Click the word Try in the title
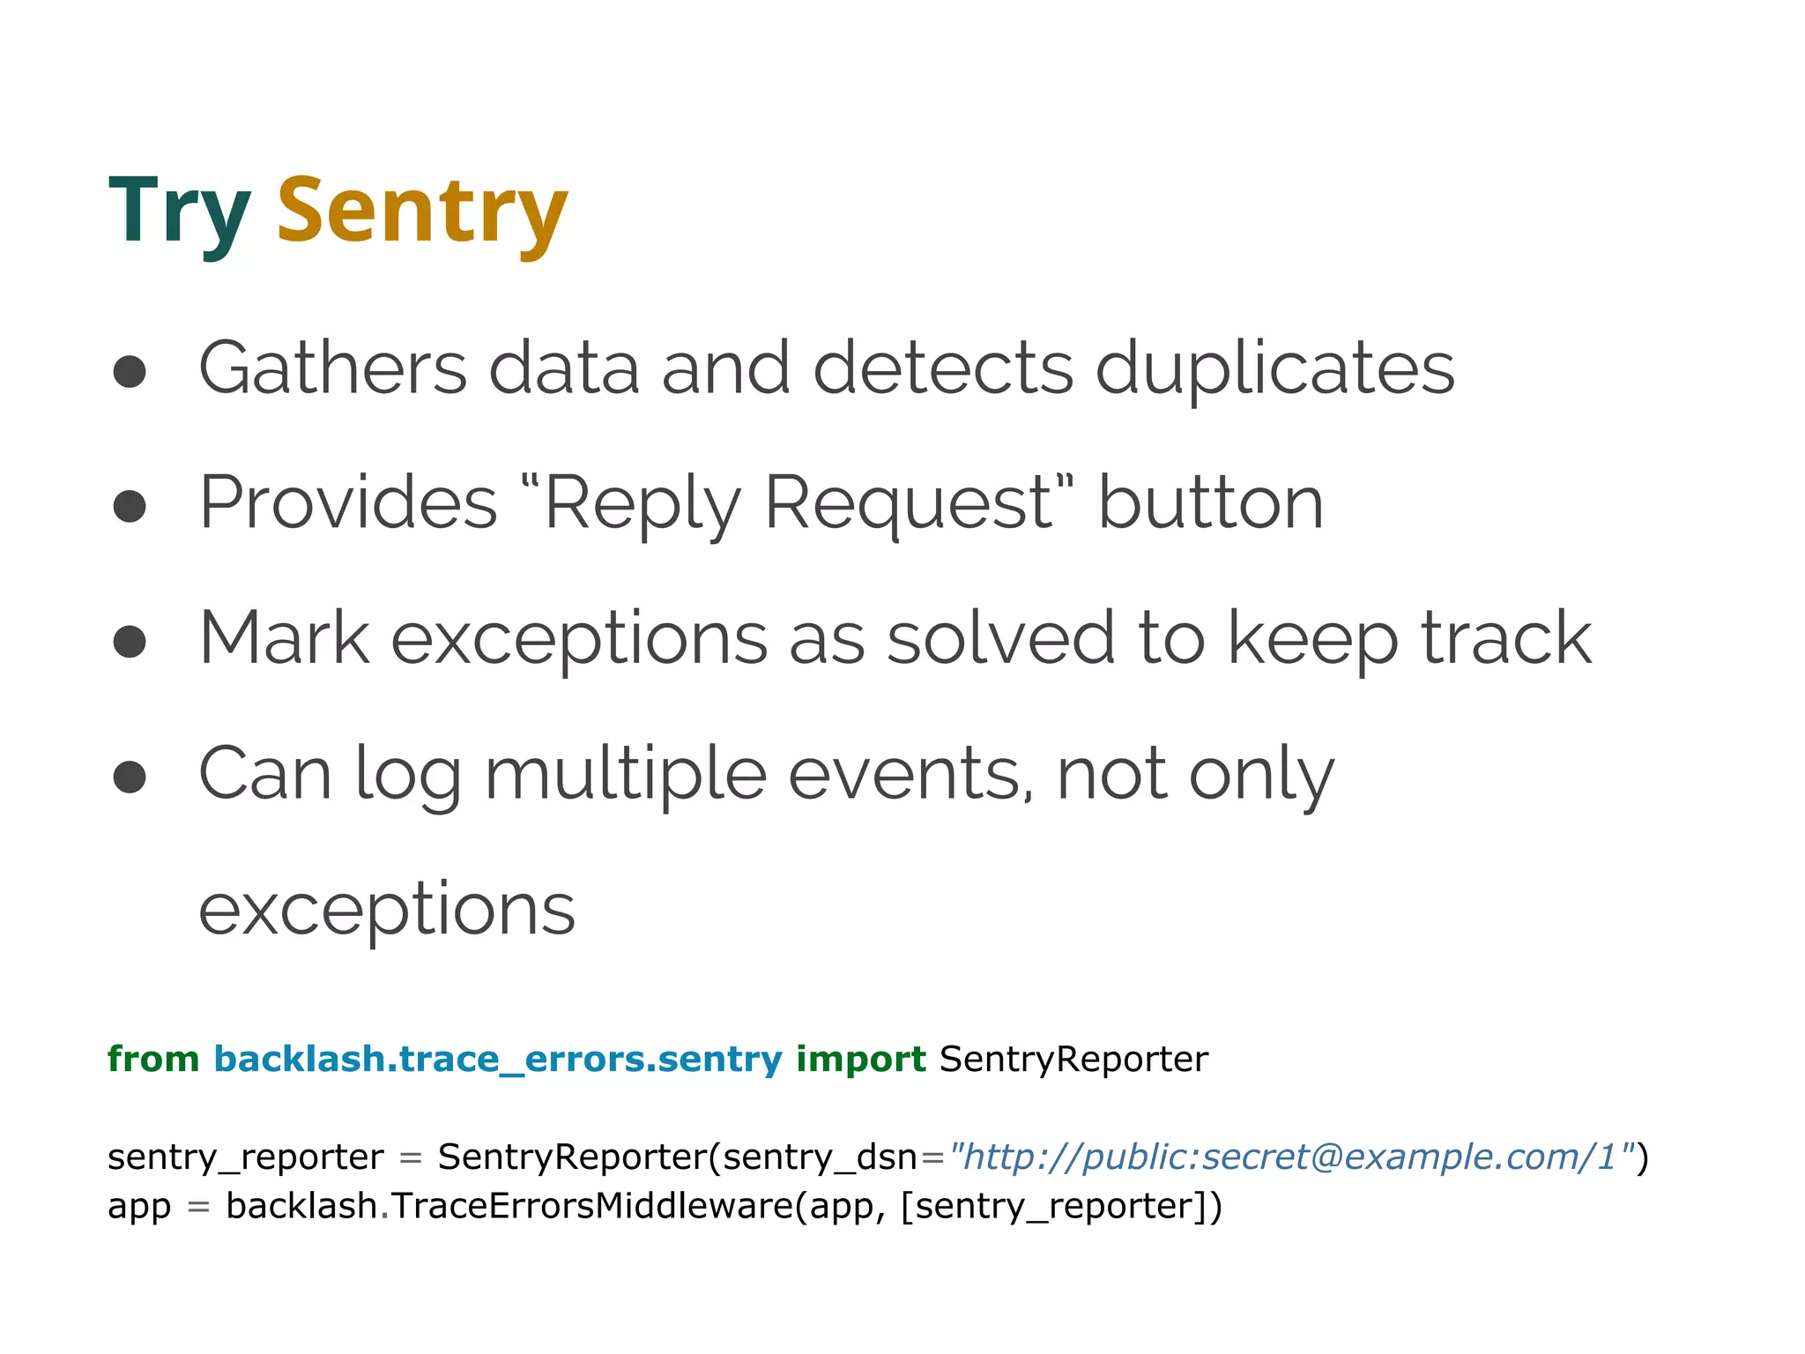(x=179, y=212)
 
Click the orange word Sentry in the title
(x=422, y=212)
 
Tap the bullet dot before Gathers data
(x=130, y=371)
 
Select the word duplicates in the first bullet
(x=1274, y=368)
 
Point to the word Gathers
(x=333, y=368)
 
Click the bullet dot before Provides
(x=130, y=506)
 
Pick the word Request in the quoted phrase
(x=908, y=504)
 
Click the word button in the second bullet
(x=1210, y=504)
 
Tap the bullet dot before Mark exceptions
(x=130, y=641)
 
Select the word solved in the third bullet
(x=1001, y=638)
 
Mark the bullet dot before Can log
(x=130, y=777)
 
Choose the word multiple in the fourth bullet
(x=625, y=776)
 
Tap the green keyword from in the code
(x=153, y=1059)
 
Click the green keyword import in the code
(x=860, y=1059)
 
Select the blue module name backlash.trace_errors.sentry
(x=498, y=1059)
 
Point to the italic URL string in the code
(x=1291, y=1157)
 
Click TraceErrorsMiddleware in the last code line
(x=591, y=1206)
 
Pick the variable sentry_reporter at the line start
(x=246, y=1157)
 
